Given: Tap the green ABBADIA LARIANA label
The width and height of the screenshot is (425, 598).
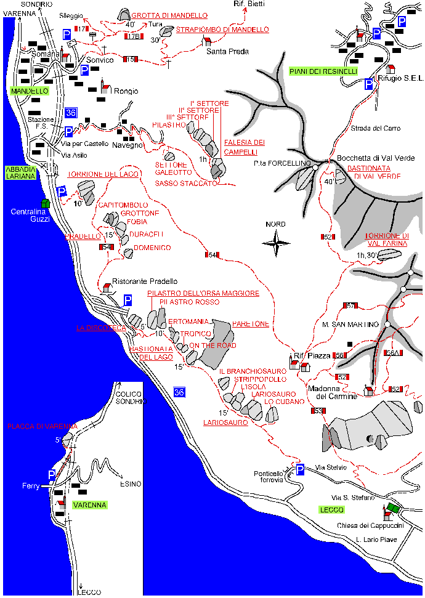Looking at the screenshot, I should click(x=20, y=172).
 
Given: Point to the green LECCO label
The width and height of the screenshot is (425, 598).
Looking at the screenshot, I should click(x=331, y=509).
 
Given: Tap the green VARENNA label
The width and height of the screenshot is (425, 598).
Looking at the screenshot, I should click(x=89, y=505).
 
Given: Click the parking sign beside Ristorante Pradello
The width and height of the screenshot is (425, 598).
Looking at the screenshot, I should click(x=128, y=300).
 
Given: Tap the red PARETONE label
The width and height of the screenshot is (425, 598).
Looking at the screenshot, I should click(x=251, y=323).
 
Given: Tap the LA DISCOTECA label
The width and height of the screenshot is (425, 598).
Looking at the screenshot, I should click(x=101, y=328).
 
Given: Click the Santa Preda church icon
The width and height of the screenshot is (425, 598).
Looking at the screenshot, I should click(x=208, y=41).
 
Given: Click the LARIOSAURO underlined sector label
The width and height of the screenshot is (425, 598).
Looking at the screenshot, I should click(x=225, y=422).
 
